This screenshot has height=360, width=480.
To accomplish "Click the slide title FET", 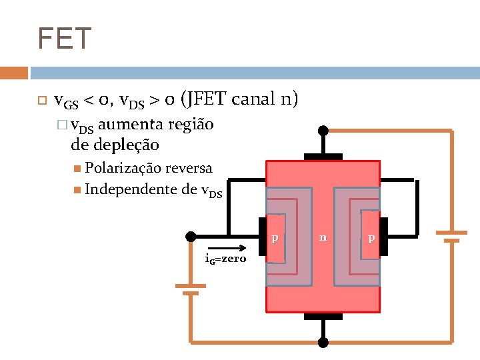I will pyautogui.click(x=64, y=39).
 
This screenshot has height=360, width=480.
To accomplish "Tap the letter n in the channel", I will pyautogui.click(x=323, y=236).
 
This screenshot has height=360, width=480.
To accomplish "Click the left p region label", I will pyautogui.click(x=274, y=238).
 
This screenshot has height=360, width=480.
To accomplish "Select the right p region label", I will pyautogui.click(x=371, y=238).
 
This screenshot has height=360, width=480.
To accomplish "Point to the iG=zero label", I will pyautogui.click(x=226, y=259).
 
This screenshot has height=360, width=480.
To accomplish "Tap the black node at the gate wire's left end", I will pyautogui.click(x=191, y=236).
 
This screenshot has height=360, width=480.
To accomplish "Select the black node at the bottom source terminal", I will pyautogui.click(x=323, y=343).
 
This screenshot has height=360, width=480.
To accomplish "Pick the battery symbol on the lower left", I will pyautogui.click(x=191, y=289).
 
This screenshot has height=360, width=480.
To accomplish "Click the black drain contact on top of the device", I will pyautogui.click(x=323, y=156).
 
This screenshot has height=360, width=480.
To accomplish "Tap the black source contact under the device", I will pyautogui.click(x=323, y=316).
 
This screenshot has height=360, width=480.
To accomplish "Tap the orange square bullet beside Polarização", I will pyautogui.click(x=79, y=168).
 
